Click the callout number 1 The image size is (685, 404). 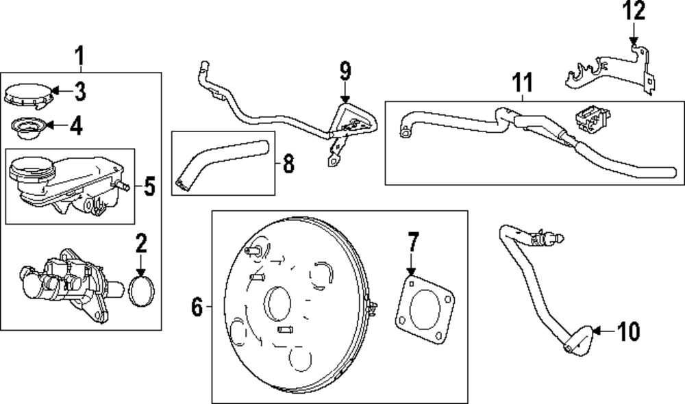coord(80,55)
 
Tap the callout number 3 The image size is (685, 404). coord(80,90)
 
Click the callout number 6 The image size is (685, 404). coord(197,309)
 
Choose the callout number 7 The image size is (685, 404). coord(412,242)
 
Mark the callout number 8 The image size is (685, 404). coord(288,163)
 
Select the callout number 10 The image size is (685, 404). coord(627,332)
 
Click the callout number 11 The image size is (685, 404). coord(523,84)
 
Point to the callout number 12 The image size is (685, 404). coord(634,12)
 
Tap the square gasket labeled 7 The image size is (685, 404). coord(425,308)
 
